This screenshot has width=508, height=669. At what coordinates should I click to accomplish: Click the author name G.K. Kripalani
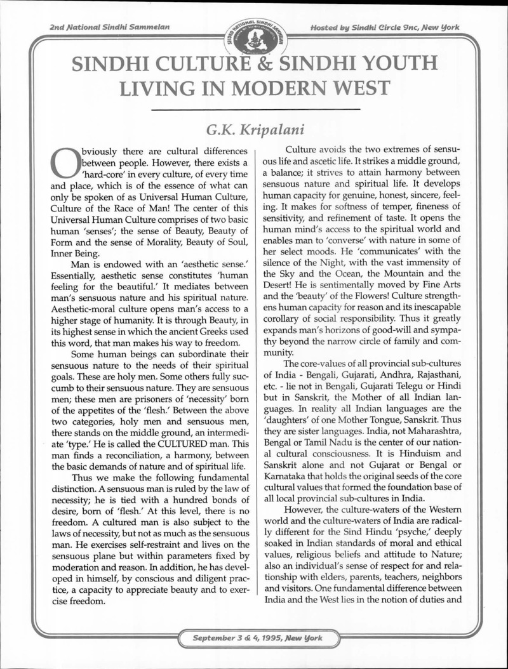(x=256, y=130)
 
